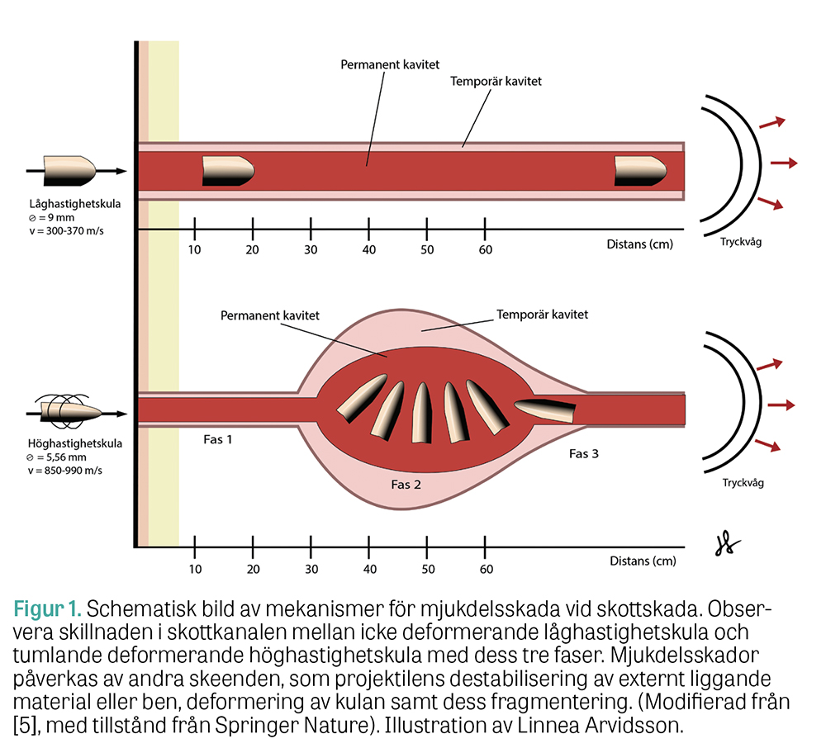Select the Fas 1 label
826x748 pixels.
click(x=218, y=439)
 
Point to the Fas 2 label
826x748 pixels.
click(x=406, y=484)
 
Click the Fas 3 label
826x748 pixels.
click(x=584, y=453)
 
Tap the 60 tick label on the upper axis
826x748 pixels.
click(x=486, y=249)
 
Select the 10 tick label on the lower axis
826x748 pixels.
click(x=195, y=568)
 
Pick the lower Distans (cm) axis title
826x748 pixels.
click(x=643, y=561)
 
